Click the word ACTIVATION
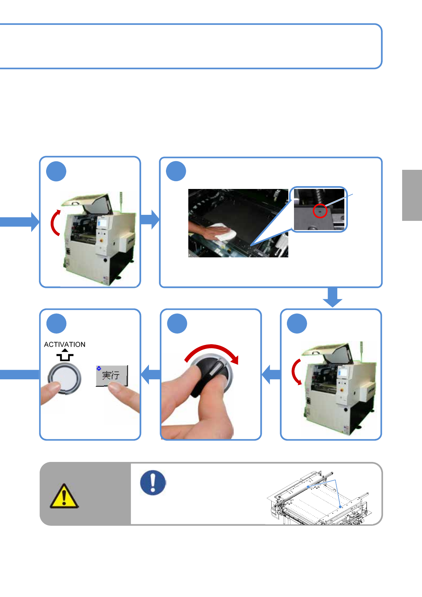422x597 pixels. pos(65,344)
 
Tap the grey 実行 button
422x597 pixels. pos(112,375)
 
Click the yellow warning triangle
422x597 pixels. pos(64,496)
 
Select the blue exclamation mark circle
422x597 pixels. pos(153,482)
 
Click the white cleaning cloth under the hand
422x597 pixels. pos(224,232)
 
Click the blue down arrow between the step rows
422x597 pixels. pos(332,297)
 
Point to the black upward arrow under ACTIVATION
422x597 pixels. pos(65,355)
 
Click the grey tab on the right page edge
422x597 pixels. pos(412,195)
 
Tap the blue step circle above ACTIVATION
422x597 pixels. pos(56,324)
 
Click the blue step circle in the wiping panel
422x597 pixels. pos(176,171)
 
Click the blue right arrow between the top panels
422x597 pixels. pos(150,219)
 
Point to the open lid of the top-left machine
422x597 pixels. pos(88,202)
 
